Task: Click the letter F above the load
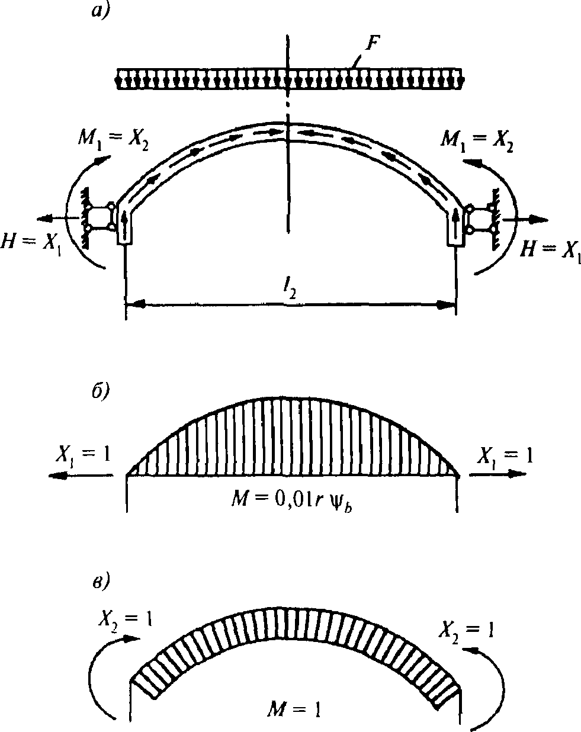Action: tap(373, 44)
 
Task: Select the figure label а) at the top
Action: tap(101, 11)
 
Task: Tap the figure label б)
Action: tap(100, 391)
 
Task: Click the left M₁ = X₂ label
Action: tap(113, 139)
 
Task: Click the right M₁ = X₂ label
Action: tap(477, 140)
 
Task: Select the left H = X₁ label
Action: tap(31, 244)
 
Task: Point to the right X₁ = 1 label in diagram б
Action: tap(505, 456)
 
